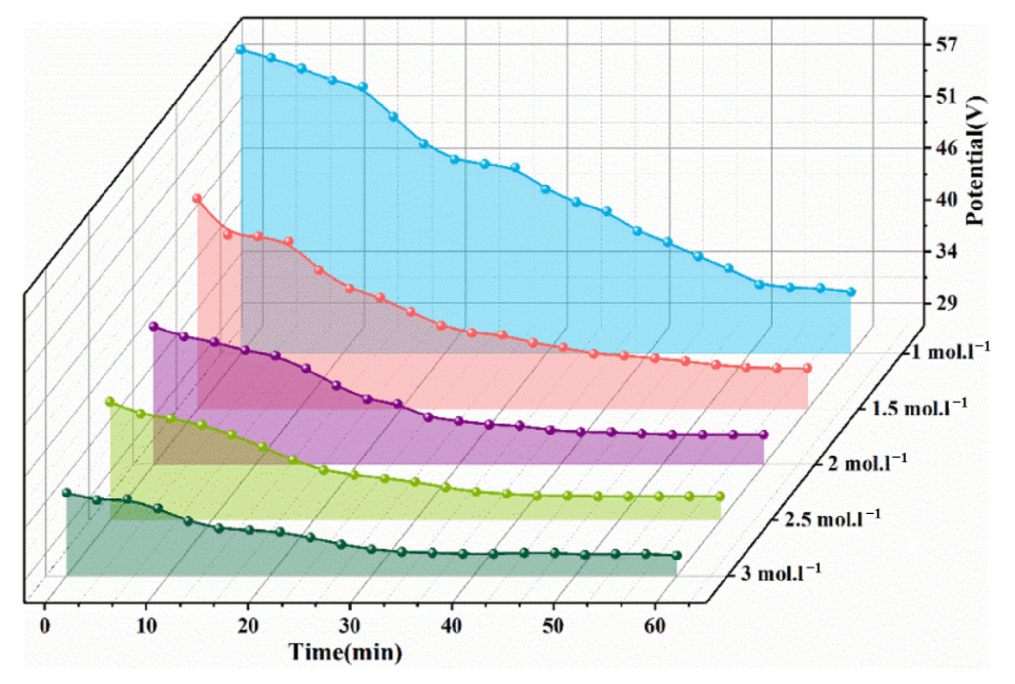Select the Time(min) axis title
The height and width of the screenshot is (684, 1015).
pos(346,652)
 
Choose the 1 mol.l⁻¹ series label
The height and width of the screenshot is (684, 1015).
pos(950,351)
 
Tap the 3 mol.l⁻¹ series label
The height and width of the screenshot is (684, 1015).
pos(780,573)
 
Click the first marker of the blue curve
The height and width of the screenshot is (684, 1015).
pos(240,49)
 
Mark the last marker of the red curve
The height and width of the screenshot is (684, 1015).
pos(807,368)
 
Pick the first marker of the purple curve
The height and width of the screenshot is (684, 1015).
pos(153,326)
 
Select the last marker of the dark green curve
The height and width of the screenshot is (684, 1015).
pos(676,556)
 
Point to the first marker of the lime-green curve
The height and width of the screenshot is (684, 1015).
pos(110,402)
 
